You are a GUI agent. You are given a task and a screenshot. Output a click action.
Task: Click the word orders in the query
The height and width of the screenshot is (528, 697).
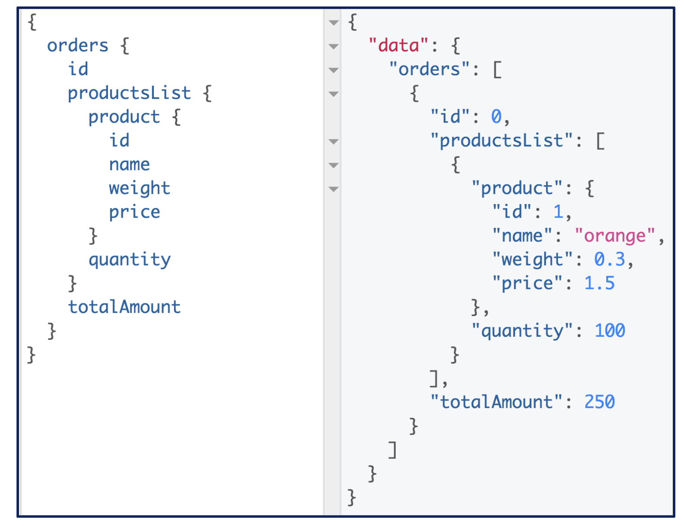(x=78, y=45)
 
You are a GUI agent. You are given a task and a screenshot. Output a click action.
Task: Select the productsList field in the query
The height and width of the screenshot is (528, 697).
(x=129, y=93)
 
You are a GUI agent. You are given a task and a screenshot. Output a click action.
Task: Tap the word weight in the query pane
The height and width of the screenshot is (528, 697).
(x=140, y=188)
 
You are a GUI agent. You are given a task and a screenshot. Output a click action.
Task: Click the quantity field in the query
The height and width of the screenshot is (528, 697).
(x=130, y=259)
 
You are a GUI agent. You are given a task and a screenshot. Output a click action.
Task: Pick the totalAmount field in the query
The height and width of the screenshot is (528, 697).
(x=124, y=307)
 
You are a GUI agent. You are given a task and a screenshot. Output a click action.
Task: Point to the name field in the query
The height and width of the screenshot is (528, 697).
(x=129, y=164)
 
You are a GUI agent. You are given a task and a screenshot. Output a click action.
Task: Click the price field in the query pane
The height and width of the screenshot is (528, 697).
(x=134, y=212)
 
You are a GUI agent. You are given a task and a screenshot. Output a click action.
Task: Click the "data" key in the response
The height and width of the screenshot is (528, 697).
(x=398, y=45)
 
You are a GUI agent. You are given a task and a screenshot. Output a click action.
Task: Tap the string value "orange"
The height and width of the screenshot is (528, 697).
(x=615, y=236)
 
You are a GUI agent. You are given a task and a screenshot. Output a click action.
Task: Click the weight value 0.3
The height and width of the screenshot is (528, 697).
(x=609, y=259)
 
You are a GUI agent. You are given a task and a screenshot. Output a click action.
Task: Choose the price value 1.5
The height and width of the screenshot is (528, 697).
(x=599, y=283)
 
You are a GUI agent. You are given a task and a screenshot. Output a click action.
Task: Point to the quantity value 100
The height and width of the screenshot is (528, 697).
(x=610, y=331)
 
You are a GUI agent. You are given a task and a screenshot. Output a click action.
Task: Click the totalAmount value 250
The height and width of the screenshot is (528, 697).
(x=599, y=402)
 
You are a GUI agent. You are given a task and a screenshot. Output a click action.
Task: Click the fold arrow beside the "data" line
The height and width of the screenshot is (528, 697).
(x=334, y=46)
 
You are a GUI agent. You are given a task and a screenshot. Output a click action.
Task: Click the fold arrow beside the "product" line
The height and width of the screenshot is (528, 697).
(x=334, y=189)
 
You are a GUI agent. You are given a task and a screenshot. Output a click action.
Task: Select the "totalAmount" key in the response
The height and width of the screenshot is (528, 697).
(x=496, y=402)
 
